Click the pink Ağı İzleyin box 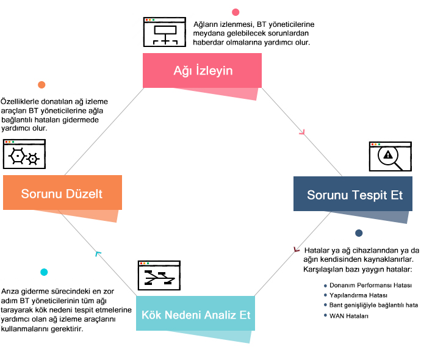(x=202, y=70)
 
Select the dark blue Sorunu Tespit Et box (x=354, y=195)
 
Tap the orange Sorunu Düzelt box (x=62, y=193)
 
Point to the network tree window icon (x=162, y=32)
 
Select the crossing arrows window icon (x=159, y=276)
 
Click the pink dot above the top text (x=236, y=12)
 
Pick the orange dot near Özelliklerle (x=41, y=85)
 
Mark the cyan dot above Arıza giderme (x=44, y=272)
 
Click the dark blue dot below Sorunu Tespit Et (x=359, y=233)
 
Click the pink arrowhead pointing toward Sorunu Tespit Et (x=301, y=131)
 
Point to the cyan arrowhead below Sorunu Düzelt (x=98, y=253)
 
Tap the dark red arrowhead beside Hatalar (x=297, y=249)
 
